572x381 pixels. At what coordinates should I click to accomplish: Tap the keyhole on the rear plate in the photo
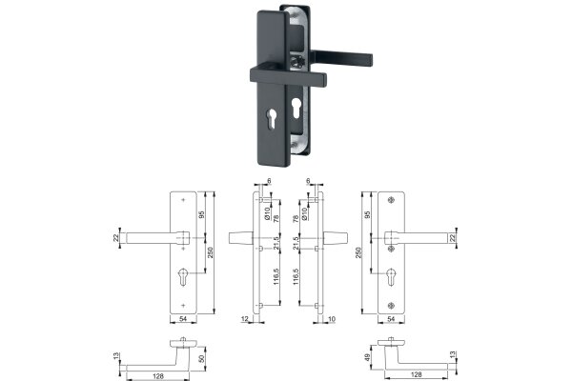pyautogui.click(x=296, y=108)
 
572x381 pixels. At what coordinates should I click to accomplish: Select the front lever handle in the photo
pyautogui.click(x=288, y=75)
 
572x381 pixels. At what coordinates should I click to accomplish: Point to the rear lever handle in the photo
pyautogui.click(x=341, y=57)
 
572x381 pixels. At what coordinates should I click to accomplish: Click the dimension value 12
pyautogui.click(x=244, y=319)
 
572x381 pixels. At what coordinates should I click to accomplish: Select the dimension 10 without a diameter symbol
pyautogui.click(x=332, y=319)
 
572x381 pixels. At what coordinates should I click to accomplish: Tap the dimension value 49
pyautogui.click(x=368, y=357)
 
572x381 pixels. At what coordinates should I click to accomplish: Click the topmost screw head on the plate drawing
pyautogui.click(x=391, y=199)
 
